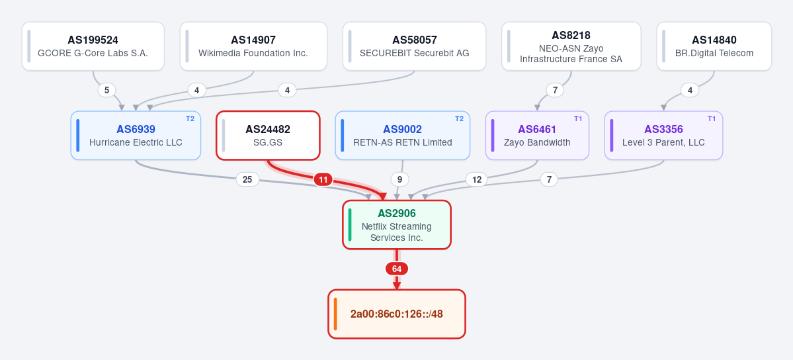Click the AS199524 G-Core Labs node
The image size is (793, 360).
click(93, 46)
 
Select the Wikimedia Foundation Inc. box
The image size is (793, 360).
click(253, 46)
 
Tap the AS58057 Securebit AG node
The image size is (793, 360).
click(414, 46)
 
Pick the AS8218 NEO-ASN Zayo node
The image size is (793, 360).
click(571, 46)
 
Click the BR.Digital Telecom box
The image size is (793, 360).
click(714, 46)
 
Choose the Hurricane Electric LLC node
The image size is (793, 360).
click(136, 136)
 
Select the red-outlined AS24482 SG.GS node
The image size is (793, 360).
click(268, 136)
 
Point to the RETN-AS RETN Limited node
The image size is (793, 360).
click(403, 136)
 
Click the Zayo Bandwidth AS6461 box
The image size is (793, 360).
click(537, 136)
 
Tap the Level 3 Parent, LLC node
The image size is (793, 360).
click(663, 136)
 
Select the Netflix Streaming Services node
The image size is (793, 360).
click(397, 225)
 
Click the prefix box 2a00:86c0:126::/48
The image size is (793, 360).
click(397, 314)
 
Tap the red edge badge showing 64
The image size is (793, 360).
click(397, 269)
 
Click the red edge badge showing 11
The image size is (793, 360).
click(323, 179)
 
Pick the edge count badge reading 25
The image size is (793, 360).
click(247, 179)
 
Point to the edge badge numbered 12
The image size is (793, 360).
click(477, 179)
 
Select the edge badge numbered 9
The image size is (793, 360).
click(399, 179)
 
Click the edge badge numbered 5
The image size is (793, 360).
click(106, 90)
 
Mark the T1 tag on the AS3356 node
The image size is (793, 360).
click(712, 118)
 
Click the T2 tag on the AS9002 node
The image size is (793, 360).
click(459, 118)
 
